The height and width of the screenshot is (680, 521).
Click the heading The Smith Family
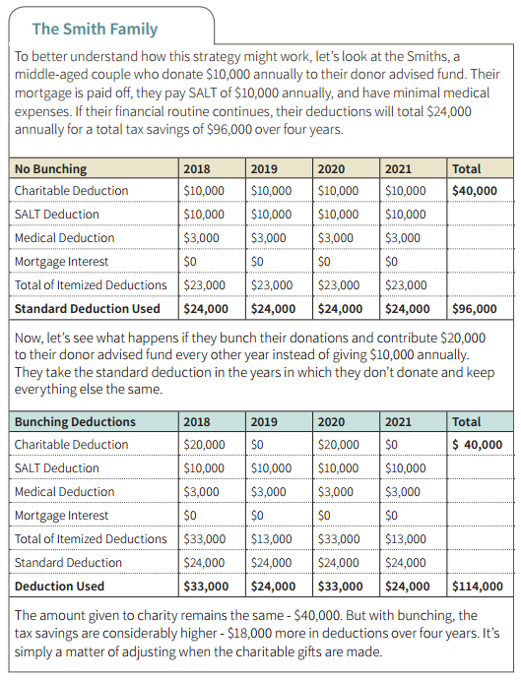tap(95, 30)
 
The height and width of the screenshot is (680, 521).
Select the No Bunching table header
tap(50, 168)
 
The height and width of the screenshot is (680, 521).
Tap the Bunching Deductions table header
tap(75, 422)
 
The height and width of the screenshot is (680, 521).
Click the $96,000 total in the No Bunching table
tap(474, 309)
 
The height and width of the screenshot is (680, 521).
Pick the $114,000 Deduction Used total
tap(478, 587)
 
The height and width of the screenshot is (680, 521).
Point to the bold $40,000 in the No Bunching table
tap(474, 191)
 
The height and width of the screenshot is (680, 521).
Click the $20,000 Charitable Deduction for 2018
tap(204, 445)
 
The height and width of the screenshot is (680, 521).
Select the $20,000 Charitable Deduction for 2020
tap(338, 445)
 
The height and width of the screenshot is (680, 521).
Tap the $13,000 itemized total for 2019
tap(272, 539)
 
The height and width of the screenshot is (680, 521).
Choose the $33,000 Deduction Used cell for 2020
tap(340, 587)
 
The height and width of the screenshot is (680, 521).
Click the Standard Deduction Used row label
tap(88, 309)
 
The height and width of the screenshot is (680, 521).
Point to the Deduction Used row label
tap(59, 587)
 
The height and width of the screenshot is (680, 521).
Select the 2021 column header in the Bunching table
tap(398, 422)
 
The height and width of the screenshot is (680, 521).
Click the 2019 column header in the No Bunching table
tap(264, 168)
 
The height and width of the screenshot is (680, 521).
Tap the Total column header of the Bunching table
tap(466, 422)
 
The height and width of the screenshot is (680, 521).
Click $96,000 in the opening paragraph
tap(229, 130)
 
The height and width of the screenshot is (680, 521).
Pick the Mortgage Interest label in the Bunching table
tap(61, 516)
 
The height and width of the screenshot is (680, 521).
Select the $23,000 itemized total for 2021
tap(406, 285)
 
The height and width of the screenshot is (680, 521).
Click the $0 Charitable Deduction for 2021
tap(391, 445)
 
